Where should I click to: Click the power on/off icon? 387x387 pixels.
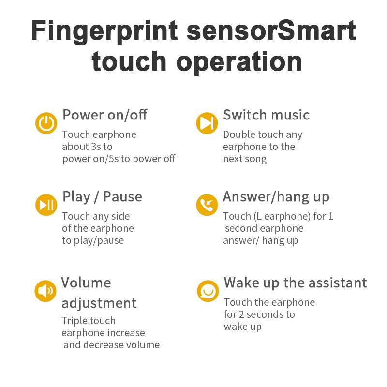click(46, 123)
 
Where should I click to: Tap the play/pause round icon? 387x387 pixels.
click(46, 205)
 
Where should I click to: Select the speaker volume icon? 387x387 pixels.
click(45, 291)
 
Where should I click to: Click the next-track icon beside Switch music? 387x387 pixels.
click(207, 123)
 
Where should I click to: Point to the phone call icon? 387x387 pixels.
click(207, 205)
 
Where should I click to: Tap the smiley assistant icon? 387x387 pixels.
click(208, 291)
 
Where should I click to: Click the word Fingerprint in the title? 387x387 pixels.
click(104, 30)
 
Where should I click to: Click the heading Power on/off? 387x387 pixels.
click(104, 115)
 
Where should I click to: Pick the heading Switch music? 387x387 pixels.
click(266, 115)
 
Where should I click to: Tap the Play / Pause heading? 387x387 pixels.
click(102, 197)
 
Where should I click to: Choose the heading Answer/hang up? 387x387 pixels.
click(276, 197)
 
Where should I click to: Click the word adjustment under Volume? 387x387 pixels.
click(99, 303)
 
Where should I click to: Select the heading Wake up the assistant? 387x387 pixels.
click(295, 283)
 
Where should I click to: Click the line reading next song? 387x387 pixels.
click(244, 159)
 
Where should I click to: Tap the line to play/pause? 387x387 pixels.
click(93, 240)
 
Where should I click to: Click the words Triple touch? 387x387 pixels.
click(89, 321)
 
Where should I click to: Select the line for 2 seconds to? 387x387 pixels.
click(259, 314)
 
